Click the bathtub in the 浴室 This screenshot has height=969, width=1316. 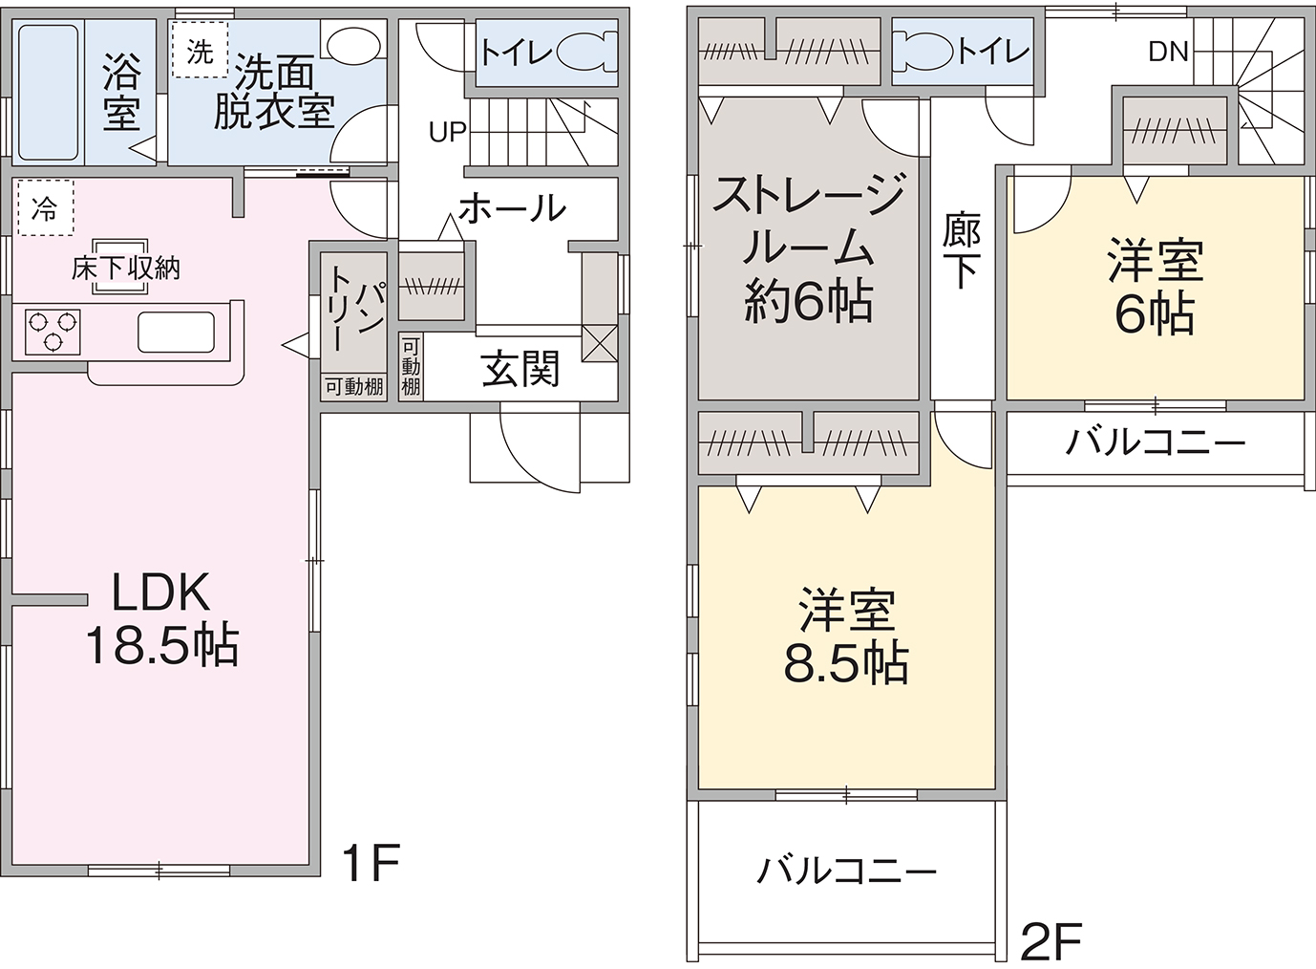click(48, 92)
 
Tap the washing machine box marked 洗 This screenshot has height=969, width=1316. click(200, 51)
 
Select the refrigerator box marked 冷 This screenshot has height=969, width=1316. click(44, 207)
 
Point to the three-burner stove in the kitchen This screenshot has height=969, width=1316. click(53, 332)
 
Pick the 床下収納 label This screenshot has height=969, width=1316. click(125, 268)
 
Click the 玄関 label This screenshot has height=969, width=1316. click(520, 368)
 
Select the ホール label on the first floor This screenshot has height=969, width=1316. click(513, 206)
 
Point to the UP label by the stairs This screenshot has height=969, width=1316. click(447, 132)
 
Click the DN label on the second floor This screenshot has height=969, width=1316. click(1168, 52)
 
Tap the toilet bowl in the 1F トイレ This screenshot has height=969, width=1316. click(583, 52)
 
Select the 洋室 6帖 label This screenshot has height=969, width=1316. click(1155, 287)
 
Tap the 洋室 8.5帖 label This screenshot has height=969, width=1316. click(846, 636)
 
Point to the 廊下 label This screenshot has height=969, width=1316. click(961, 250)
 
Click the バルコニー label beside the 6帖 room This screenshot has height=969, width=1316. click(1155, 442)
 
